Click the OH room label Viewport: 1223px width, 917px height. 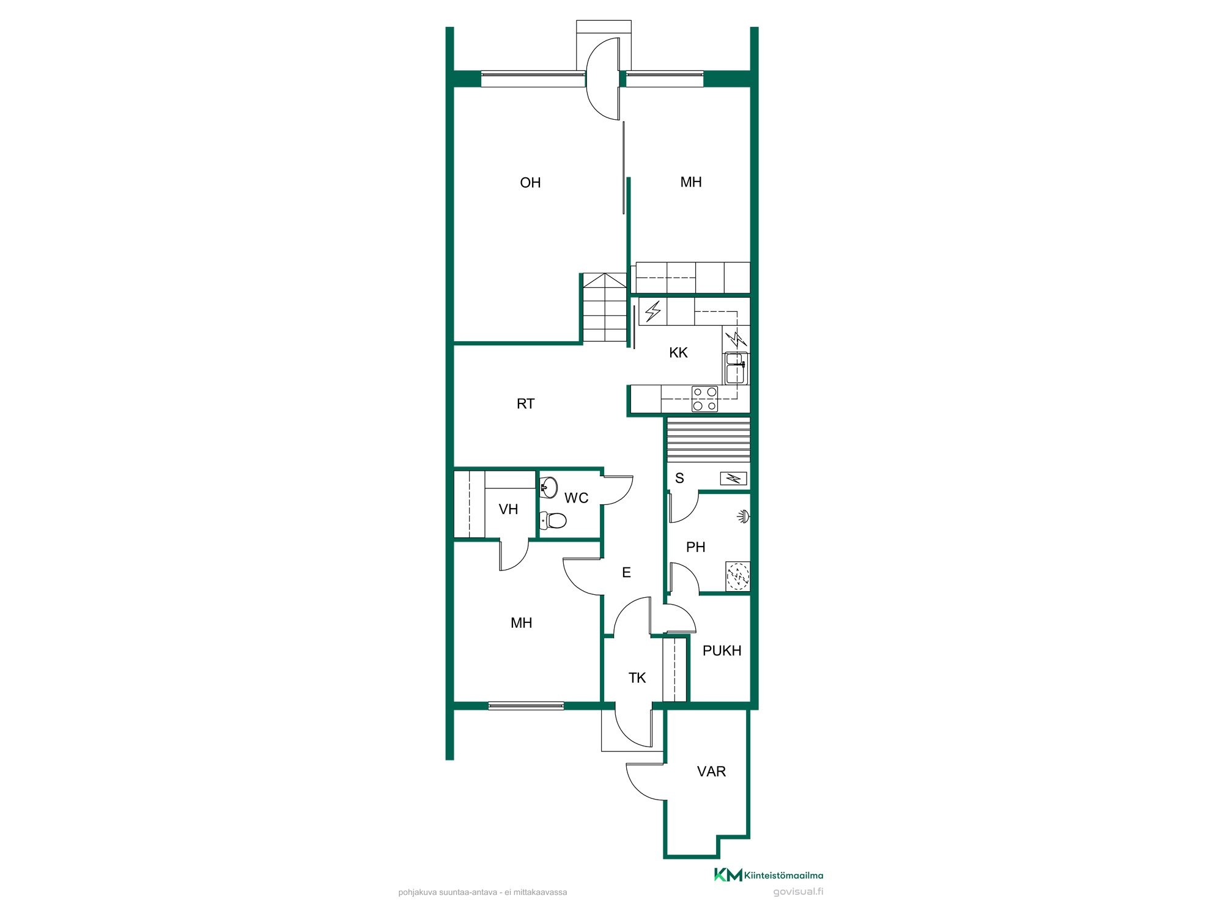tap(530, 183)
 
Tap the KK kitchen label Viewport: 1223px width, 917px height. tap(678, 353)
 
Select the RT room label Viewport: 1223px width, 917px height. tap(525, 403)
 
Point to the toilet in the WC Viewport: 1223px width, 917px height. tap(553, 520)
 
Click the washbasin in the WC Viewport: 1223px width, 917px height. tap(549, 487)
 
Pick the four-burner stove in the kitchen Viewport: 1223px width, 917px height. tap(704, 399)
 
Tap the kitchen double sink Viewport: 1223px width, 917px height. tap(736, 368)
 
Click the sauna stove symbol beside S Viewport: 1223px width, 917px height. tap(733, 478)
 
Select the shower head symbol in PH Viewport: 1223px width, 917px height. tap(744, 517)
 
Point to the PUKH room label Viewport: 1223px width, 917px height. tap(722, 650)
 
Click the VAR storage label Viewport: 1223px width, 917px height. tap(711, 772)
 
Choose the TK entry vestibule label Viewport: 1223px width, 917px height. tap(637, 678)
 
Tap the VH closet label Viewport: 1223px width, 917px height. tap(508, 509)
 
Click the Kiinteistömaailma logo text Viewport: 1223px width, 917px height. tap(783, 875)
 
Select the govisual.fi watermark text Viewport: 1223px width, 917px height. tap(798, 892)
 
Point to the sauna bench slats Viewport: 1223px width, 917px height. tap(708, 440)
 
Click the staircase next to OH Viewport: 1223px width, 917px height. tap(605, 308)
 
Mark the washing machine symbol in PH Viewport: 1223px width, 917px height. tap(738, 576)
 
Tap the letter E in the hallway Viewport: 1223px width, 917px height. tap(626, 573)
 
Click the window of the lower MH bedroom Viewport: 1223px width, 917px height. tap(526, 706)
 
